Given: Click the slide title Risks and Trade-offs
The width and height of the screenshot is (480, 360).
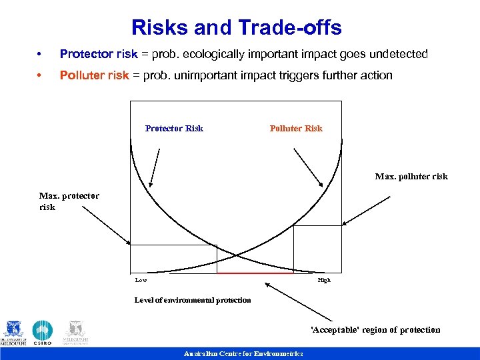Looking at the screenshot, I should (237, 27).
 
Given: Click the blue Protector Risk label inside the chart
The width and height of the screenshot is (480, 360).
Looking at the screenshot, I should (174, 129).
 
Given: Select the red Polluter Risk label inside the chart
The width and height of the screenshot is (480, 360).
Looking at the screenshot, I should (295, 129).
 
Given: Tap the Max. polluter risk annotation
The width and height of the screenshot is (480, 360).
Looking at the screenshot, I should (411, 177).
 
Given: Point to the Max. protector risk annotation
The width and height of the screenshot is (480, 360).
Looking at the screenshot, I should (69, 201).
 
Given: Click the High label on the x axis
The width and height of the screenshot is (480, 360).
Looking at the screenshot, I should (323, 281).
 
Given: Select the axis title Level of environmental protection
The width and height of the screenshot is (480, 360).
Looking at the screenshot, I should (193, 300).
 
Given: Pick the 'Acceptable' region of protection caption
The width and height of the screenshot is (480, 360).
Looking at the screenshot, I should (375, 330).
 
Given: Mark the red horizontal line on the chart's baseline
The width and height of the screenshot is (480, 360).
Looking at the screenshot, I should (255, 273).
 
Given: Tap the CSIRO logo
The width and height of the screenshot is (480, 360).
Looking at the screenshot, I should (43, 333).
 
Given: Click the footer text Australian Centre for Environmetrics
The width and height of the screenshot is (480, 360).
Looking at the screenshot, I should (243, 354).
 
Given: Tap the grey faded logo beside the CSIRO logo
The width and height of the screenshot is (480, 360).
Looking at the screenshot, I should (76, 333).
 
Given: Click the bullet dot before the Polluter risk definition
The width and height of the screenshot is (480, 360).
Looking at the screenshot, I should (41, 75).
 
